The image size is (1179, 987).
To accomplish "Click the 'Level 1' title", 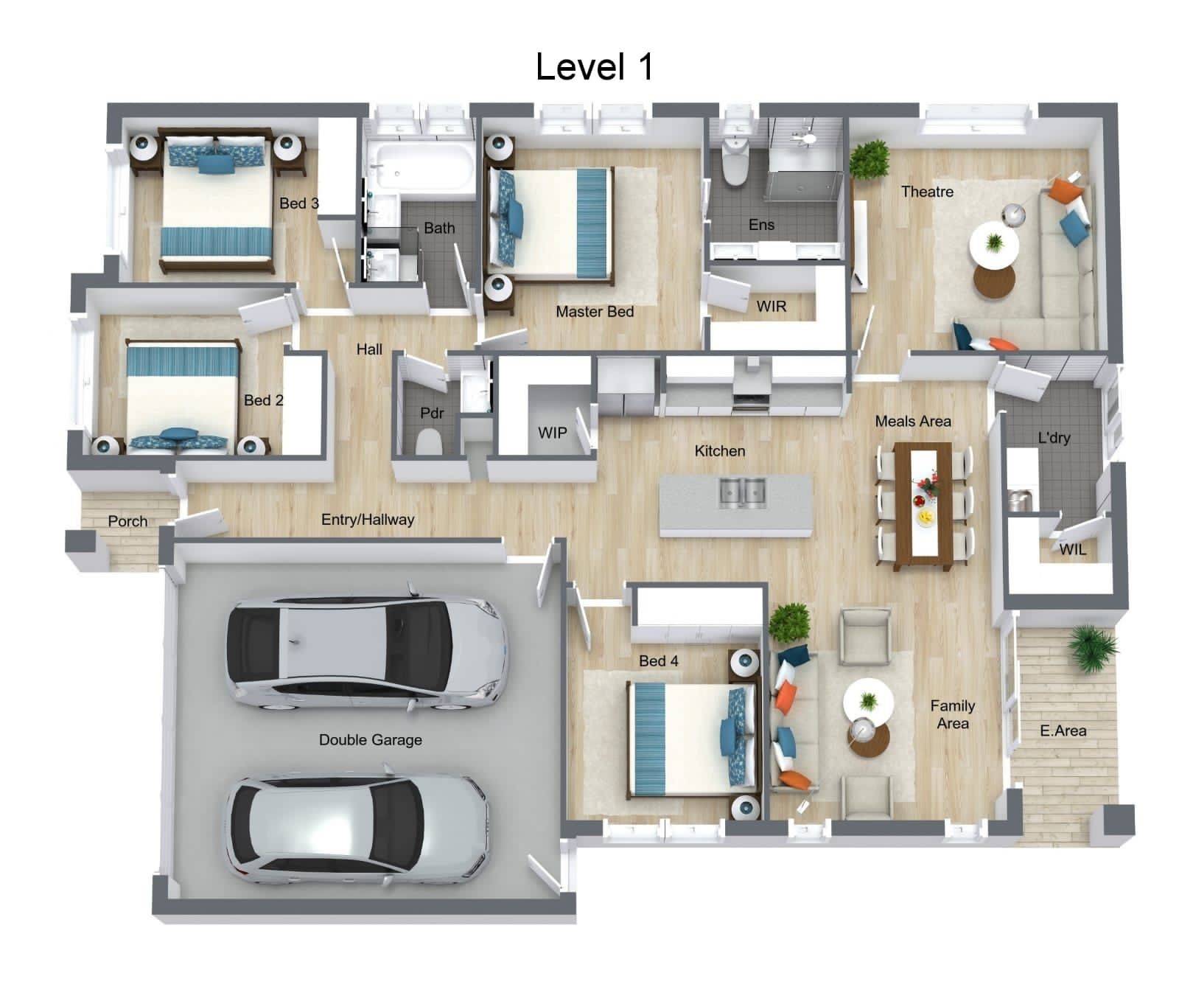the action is click(x=594, y=66).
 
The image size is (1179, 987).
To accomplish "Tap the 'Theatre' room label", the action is click(x=927, y=192).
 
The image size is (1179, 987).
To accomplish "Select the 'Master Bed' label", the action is click(x=595, y=312).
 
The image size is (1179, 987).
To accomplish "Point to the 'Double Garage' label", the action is click(x=371, y=739).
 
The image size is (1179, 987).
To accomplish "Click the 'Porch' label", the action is click(x=127, y=521).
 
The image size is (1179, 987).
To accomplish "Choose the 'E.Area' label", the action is click(x=1063, y=730).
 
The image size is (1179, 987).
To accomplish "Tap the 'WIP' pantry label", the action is click(x=552, y=433).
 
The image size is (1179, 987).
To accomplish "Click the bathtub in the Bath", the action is click(x=421, y=168).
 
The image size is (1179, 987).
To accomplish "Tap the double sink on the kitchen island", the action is click(x=743, y=492).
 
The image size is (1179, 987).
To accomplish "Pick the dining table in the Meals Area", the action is click(x=922, y=506).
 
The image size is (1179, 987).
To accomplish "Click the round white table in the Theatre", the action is click(x=994, y=244).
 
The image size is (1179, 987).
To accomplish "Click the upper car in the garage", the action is click(x=366, y=652).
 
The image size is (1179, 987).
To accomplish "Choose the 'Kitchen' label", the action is click(x=720, y=451).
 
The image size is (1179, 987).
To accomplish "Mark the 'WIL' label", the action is click(x=1073, y=549).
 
